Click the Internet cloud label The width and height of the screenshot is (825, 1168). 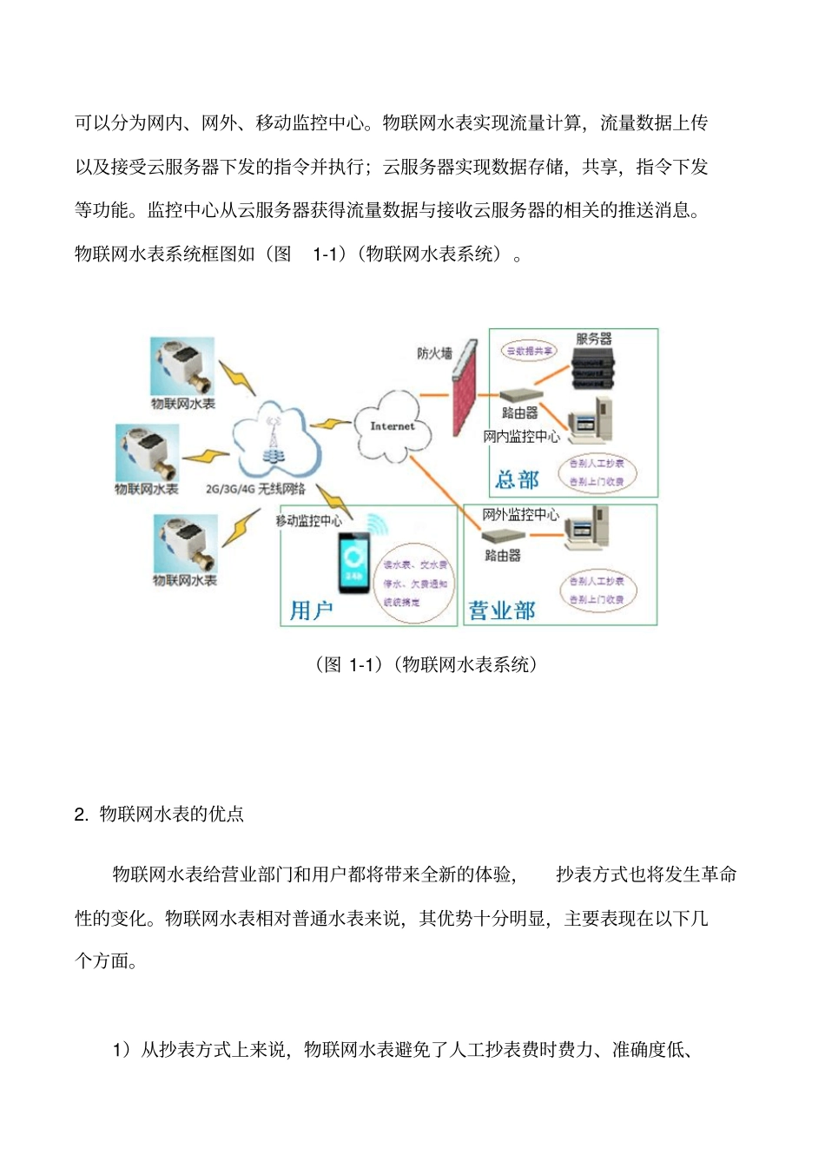point(393,426)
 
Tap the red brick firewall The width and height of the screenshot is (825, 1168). point(465,388)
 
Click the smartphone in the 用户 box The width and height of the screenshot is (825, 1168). point(354,564)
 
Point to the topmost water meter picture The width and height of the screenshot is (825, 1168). point(182,368)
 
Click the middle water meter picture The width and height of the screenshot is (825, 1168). point(148,452)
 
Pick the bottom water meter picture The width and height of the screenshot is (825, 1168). point(185,543)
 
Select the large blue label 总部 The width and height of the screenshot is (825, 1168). point(518,479)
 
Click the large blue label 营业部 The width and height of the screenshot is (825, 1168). point(502,610)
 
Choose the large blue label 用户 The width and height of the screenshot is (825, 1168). point(311,610)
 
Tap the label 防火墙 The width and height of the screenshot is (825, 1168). point(434,353)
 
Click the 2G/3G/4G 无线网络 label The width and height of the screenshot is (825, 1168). point(255,489)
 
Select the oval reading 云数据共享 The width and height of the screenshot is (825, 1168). point(529,351)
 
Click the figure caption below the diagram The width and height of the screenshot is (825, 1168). point(426,664)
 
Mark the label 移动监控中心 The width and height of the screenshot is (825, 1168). point(308,520)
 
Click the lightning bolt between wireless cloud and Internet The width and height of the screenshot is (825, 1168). point(330,425)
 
